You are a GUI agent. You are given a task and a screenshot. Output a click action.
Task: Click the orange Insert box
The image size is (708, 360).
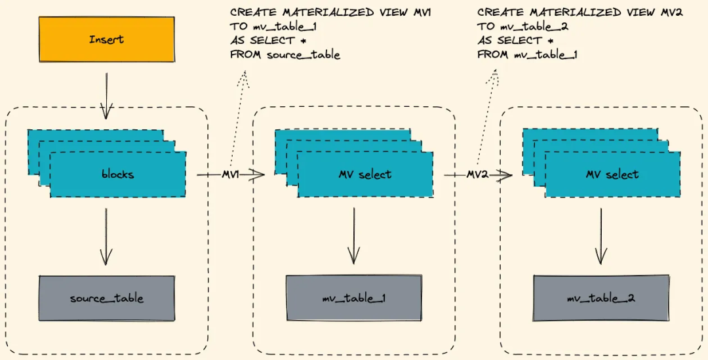(x=106, y=39)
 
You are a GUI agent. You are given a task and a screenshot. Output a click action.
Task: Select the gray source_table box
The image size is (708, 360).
(x=106, y=298)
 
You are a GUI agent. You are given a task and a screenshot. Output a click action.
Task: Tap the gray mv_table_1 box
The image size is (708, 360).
(x=353, y=298)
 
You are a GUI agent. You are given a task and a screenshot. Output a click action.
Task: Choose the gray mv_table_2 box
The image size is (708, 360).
(x=600, y=298)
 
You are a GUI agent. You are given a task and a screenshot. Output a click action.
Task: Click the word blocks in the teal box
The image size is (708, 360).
(x=118, y=174)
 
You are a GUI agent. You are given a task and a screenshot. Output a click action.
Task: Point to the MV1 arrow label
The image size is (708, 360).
(x=230, y=174)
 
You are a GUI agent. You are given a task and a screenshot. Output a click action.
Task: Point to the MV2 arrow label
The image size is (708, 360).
(x=477, y=174)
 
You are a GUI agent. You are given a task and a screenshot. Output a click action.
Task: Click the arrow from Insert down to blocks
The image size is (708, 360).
(x=106, y=95)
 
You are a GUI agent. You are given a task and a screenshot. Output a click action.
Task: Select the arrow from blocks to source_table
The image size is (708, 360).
(x=106, y=236)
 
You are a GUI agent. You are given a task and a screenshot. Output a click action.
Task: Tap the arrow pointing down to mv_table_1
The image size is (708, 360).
(x=353, y=236)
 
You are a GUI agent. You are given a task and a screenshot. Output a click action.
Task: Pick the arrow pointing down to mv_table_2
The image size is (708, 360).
(x=600, y=236)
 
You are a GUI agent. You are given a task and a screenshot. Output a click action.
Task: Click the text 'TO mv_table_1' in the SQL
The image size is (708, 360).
(x=268, y=27)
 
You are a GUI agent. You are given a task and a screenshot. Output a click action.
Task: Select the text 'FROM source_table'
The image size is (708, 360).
(x=285, y=55)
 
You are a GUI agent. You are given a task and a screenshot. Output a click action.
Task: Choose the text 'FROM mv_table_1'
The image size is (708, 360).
(x=527, y=55)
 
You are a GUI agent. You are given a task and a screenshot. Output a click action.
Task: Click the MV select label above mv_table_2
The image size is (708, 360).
(x=612, y=174)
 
